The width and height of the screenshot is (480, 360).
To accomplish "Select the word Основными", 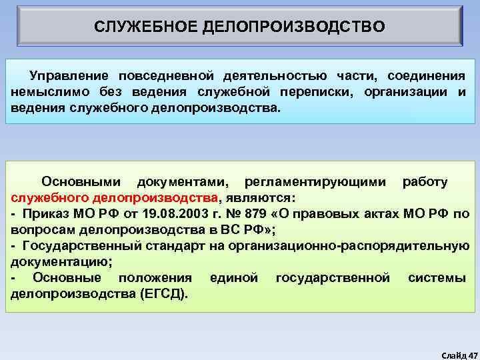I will [x=81, y=181].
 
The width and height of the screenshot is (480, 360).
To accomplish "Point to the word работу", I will [x=425, y=181].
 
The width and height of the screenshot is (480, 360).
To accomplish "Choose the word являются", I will [x=259, y=198].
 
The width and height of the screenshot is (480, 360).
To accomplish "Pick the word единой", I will [x=233, y=277].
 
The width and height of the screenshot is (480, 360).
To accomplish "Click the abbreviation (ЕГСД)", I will [x=164, y=293].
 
